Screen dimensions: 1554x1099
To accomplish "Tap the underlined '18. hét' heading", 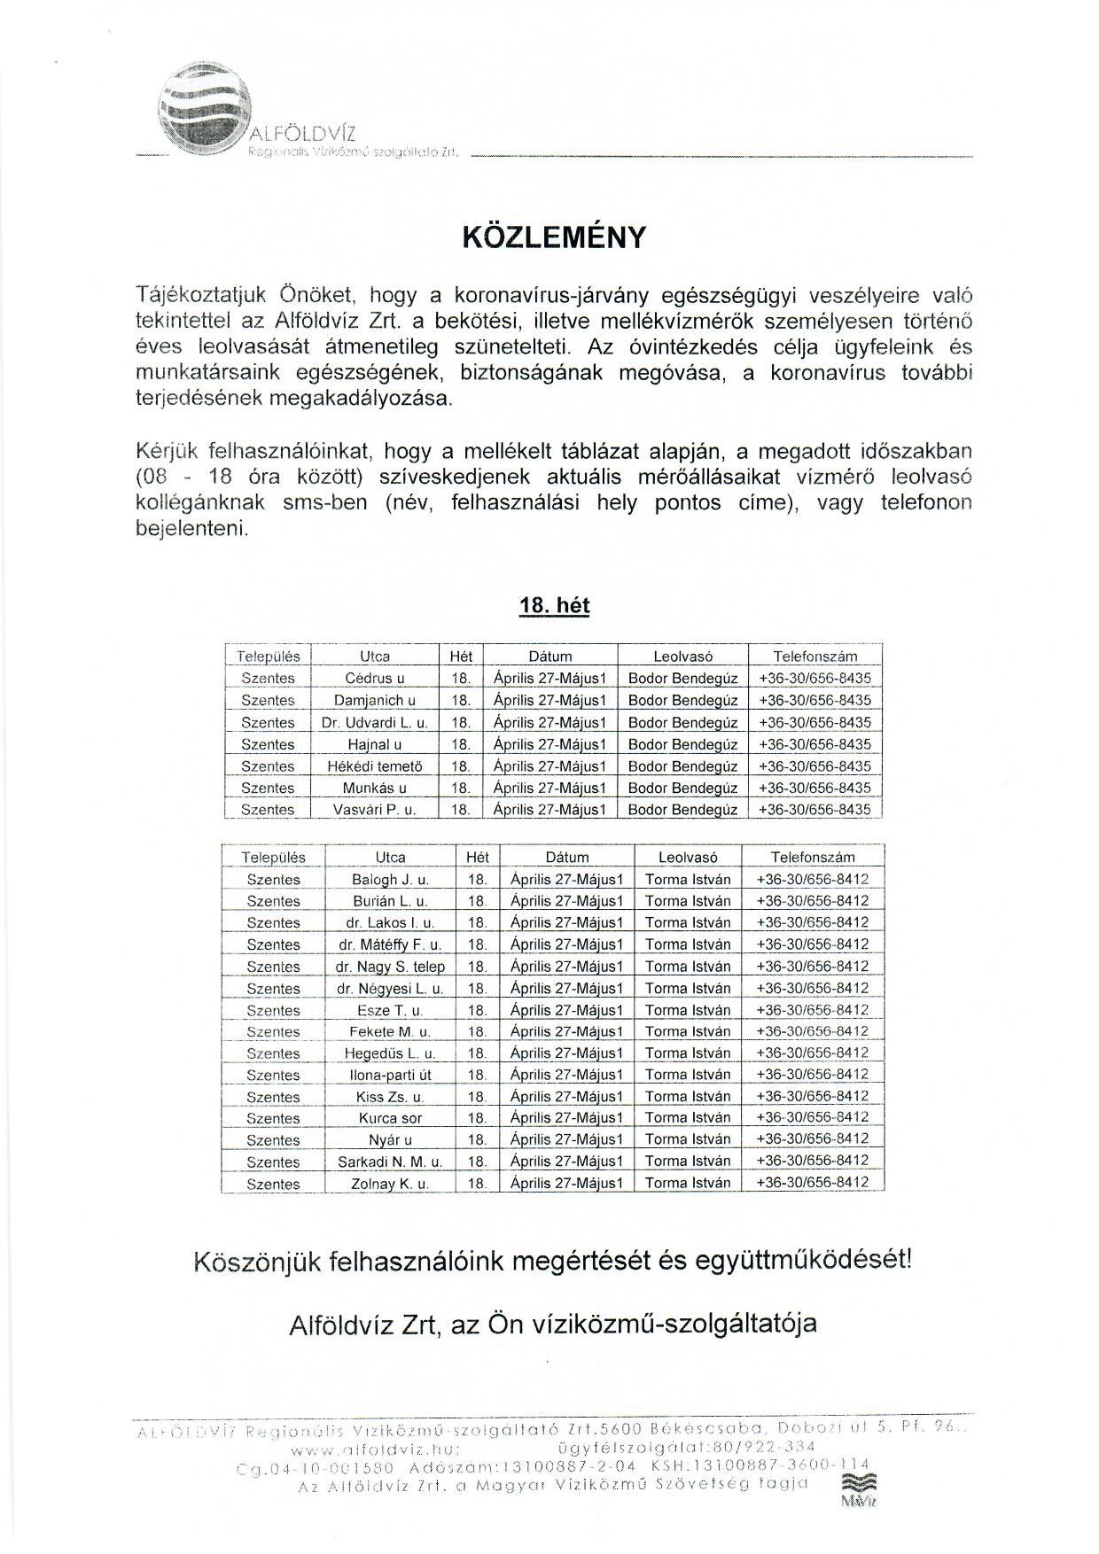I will pyautogui.click(x=554, y=606).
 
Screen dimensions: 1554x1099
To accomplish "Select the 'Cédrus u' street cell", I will pyautogui.click(x=375, y=679).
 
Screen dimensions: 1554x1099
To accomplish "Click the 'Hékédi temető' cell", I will pyautogui.click(x=375, y=766).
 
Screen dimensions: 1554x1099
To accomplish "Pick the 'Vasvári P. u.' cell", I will pyautogui.click(x=375, y=810).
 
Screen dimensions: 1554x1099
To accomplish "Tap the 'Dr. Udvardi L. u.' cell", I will pyautogui.click(x=375, y=723).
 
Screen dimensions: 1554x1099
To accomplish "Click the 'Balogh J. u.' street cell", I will pyautogui.click(x=390, y=880).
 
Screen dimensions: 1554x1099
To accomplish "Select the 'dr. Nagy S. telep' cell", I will pyautogui.click(x=390, y=967).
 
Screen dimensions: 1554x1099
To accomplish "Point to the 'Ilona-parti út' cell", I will pyautogui.click(x=390, y=1075).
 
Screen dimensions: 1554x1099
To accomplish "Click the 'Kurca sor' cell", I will pyautogui.click(x=390, y=1118).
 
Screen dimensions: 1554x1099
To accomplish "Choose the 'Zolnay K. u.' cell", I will pyautogui.click(x=390, y=1184).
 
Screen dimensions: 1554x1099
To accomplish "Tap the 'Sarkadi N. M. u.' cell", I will pyautogui.click(x=390, y=1162).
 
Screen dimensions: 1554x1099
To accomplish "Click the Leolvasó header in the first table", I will pyautogui.click(x=682, y=657).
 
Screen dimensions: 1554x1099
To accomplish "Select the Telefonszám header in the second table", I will pyautogui.click(x=813, y=857).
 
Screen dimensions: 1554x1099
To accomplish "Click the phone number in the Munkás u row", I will pyautogui.click(x=815, y=788).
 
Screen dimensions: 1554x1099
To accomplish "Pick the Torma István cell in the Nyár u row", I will pyautogui.click(x=688, y=1139).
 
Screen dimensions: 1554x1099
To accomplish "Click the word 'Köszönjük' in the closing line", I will pyautogui.click(x=257, y=1260).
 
